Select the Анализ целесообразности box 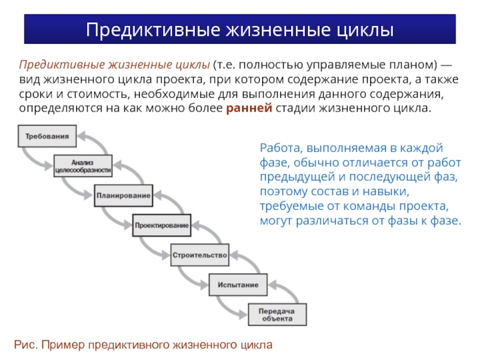[83, 166]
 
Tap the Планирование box [122, 196]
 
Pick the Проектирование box [161, 226]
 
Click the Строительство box [200, 255]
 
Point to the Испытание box [238, 284]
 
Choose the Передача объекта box [277, 314]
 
